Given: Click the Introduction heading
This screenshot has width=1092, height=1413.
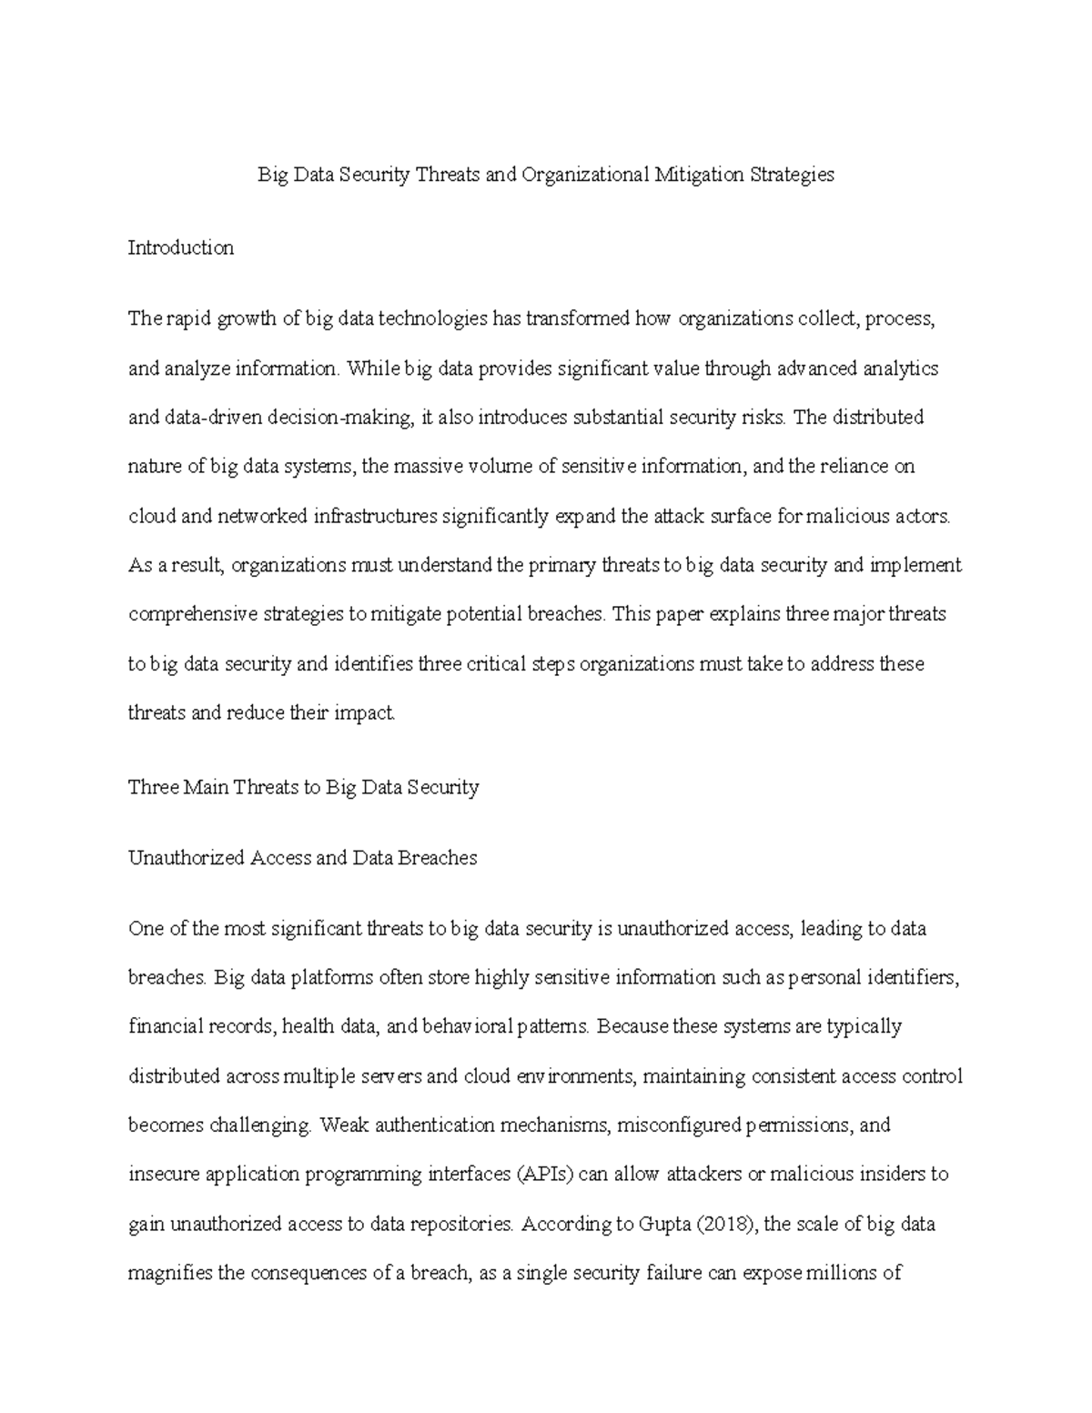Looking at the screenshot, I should pos(181,247).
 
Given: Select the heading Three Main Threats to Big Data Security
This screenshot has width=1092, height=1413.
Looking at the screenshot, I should pos(303,787).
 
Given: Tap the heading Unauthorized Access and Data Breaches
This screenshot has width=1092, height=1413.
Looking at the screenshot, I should pos(302,858).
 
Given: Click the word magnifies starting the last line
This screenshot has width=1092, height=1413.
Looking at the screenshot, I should pos(170,1273).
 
